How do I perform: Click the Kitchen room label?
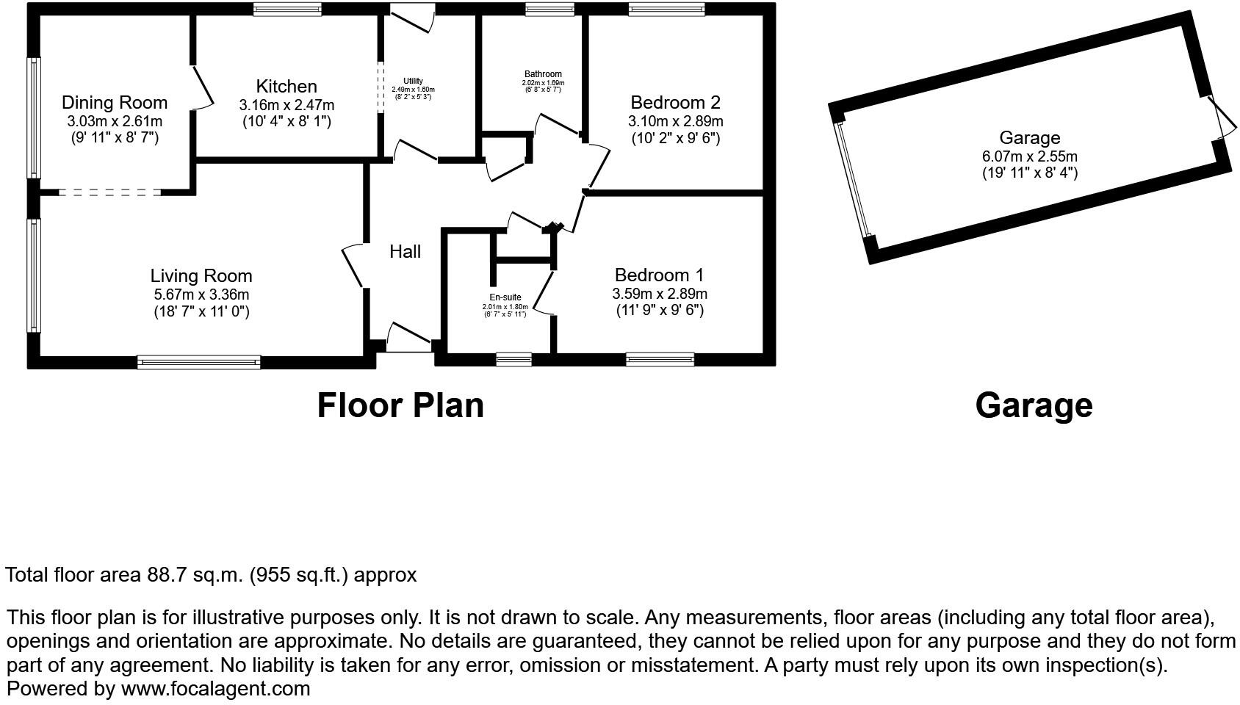pos(286,87)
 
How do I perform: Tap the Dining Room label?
pos(114,103)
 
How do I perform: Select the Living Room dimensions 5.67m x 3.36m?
pos(201,294)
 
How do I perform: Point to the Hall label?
pos(405,252)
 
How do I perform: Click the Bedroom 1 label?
pos(659,275)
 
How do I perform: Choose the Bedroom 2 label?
pos(675,103)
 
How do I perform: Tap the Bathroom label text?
pos(543,74)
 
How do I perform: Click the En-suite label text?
pos(505,297)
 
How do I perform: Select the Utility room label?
pos(413,82)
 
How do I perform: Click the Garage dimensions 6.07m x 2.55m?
pos(1029,156)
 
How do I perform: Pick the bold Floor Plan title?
pos(400,405)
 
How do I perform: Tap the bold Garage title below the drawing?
pos(1034,405)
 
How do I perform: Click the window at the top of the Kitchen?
pos(287,10)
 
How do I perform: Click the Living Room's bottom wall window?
pos(198,361)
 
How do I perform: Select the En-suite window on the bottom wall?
pos(513,359)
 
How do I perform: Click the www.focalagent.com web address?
pos(215,689)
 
